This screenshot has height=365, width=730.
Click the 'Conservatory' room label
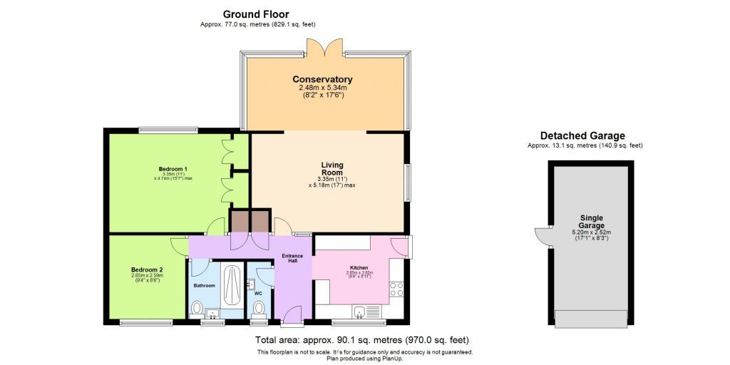click(322, 79)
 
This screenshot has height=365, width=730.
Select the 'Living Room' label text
click(331, 168)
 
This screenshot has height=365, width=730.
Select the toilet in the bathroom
click(197, 309)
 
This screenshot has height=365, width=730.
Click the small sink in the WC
click(250, 284)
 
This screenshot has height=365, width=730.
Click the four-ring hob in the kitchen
click(396, 289)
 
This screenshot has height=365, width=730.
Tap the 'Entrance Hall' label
click(292, 259)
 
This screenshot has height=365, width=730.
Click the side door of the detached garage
click(543, 237)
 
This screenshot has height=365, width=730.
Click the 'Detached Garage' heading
click(582, 135)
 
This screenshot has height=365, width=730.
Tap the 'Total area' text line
click(361, 340)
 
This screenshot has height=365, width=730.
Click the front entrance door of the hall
click(292, 314)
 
